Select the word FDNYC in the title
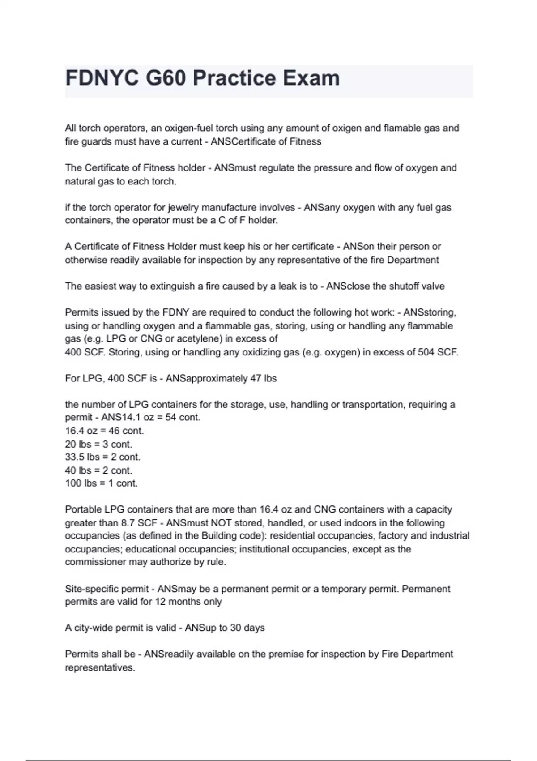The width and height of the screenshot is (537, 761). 102,78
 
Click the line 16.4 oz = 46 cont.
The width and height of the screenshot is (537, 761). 104,431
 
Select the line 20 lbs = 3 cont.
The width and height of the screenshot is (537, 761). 98,444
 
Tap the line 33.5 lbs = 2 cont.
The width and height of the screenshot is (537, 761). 102,457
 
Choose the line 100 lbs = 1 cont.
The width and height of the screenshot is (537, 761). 101,483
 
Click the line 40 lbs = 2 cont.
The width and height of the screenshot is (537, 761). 98,470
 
